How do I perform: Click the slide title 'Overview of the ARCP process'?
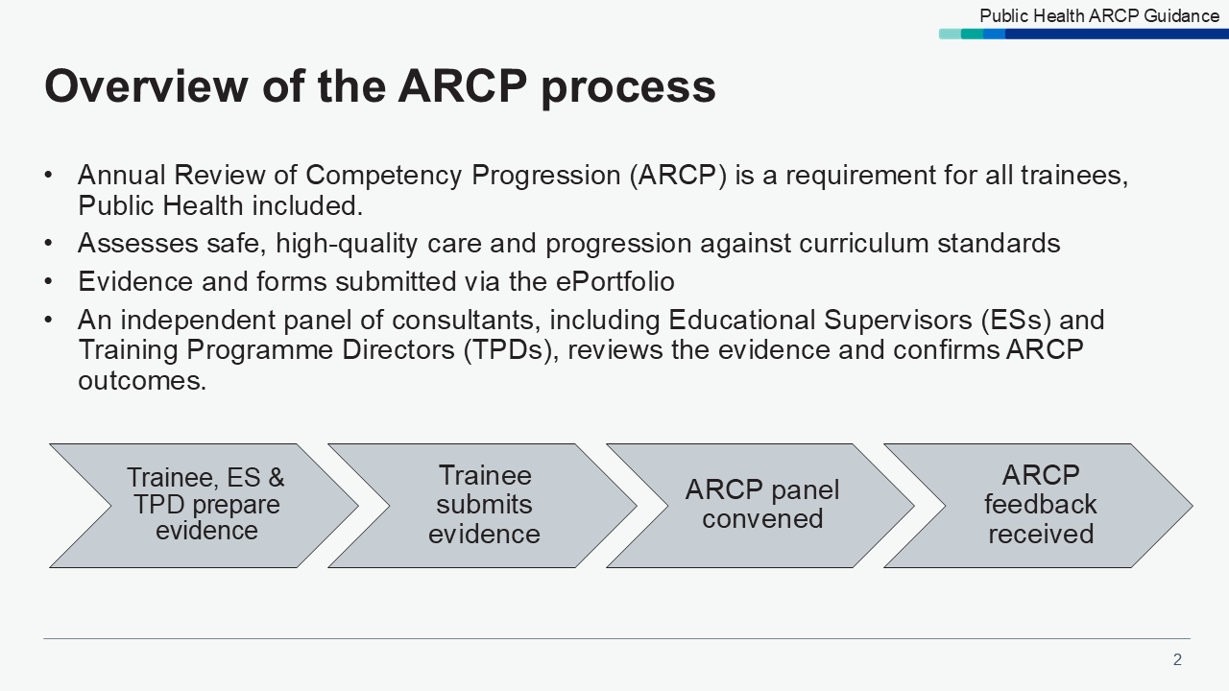pos(380,86)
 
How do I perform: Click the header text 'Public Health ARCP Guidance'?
pos(1098,15)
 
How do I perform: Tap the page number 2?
pos(1177,659)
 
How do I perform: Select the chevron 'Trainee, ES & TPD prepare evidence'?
pos(205,505)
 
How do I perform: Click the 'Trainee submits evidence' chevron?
pos(484,505)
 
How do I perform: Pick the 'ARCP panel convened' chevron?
pos(762,505)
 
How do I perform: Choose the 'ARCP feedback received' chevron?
pos(1041,505)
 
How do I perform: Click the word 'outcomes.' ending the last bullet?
pos(142,381)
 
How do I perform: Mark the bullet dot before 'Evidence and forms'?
pos(49,282)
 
